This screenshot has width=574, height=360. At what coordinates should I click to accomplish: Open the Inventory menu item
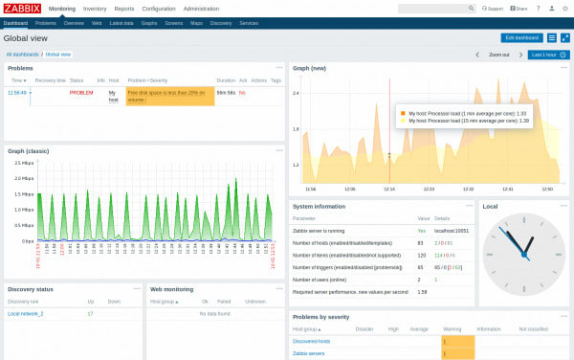(x=95, y=8)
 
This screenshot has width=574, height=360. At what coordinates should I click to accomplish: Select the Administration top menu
(x=201, y=8)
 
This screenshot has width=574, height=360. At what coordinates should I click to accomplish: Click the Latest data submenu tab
(x=121, y=21)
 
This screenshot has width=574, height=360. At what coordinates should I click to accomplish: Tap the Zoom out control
(x=498, y=55)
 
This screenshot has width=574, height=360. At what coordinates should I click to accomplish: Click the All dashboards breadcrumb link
(x=22, y=55)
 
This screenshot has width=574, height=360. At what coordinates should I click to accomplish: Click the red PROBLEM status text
(x=80, y=93)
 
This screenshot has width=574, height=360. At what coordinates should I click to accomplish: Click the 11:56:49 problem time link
(x=17, y=93)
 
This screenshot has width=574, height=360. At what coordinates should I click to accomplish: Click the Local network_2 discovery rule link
(x=26, y=314)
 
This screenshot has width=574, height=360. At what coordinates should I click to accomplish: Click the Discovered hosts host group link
(x=311, y=342)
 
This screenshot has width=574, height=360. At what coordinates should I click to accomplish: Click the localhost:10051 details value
(x=451, y=231)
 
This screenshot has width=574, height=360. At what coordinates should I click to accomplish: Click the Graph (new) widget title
(x=309, y=69)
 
